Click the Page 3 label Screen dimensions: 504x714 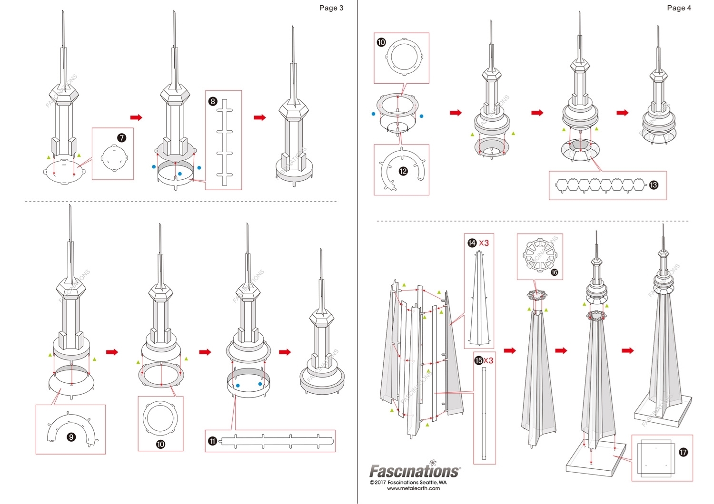[331, 8]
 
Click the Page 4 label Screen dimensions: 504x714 [679, 8]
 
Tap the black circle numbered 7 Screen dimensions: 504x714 [121, 138]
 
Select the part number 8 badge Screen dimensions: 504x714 [213, 101]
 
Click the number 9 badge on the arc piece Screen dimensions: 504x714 [71, 437]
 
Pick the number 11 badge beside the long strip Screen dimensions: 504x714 [212, 441]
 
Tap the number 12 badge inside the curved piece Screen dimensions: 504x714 [403, 171]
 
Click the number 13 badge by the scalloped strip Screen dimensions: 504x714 [654, 185]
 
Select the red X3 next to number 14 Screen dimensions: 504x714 [484, 243]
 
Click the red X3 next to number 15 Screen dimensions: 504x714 [488, 360]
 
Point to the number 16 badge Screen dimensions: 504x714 [554, 272]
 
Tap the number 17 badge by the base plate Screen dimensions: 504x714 [683, 452]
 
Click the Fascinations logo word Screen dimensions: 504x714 [415, 471]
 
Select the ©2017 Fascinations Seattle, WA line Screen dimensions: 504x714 [408, 482]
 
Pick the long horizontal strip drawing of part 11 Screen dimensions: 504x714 [276, 441]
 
